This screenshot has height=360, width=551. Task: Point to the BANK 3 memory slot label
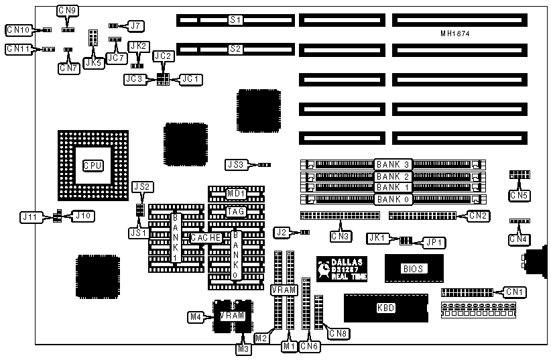coord(393,164)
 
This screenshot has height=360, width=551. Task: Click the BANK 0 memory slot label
coord(393,199)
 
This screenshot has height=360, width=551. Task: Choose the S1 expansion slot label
coord(235,20)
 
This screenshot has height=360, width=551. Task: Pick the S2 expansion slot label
coord(235,48)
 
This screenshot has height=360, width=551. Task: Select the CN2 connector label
coord(478,216)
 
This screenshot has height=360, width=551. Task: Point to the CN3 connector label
coord(341,235)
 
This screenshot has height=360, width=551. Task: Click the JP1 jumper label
coord(430,241)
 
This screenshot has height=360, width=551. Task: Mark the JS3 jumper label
coord(237,164)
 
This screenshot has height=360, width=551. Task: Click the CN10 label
coord(18,29)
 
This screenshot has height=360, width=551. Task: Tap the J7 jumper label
coord(136,25)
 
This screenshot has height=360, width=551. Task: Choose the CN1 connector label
coord(515,292)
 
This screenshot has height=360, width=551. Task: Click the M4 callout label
coord(195,315)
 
